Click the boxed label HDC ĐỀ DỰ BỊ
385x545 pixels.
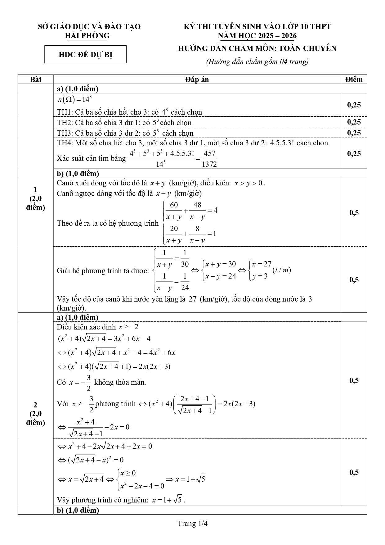pos(85,55)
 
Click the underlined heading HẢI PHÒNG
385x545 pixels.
pos(87,36)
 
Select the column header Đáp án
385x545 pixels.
pos(197,79)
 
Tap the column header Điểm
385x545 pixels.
pos(354,79)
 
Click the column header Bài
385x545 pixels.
pos(36,79)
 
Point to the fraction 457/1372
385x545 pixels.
pos(209,159)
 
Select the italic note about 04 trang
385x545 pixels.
pos(257,61)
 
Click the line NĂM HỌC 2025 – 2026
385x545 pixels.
pos(257,36)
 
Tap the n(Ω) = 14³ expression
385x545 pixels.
pos(74,100)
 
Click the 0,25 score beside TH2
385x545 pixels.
pos(354,122)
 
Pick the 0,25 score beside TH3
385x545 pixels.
pos(354,133)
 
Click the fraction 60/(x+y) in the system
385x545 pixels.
pos(174,211)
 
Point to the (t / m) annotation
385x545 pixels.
pos(281,270)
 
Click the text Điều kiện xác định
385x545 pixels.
pos(86,327)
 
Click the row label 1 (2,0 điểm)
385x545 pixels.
pos(36,198)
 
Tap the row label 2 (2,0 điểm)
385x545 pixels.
pos(36,414)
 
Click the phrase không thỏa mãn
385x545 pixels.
pos(120,382)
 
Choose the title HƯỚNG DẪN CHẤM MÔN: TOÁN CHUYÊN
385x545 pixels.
pos(257,48)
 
